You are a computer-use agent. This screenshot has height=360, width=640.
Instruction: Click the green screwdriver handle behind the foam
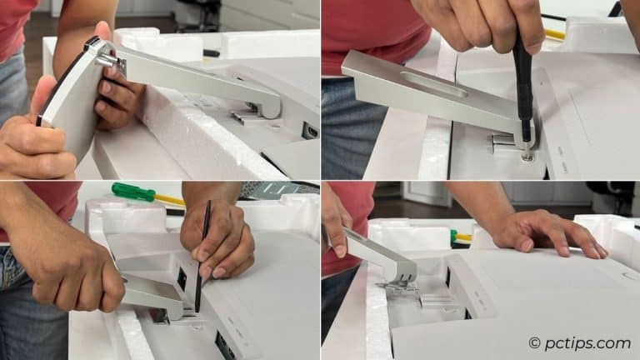pyautogui.click(x=133, y=192)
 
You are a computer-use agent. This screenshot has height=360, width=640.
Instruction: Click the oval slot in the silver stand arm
pyautogui.click(x=432, y=83)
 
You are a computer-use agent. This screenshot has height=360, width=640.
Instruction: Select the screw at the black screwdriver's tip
pyautogui.click(x=527, y=154)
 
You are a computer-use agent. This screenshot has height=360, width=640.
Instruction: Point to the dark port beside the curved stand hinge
pyautogui.click(x=310, y=131)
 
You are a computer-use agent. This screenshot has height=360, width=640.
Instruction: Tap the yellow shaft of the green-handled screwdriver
pyautogui.click(x=169, y=200)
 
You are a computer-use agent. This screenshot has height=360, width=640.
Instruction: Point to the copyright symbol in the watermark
pyautogui.click(x=534, y=342)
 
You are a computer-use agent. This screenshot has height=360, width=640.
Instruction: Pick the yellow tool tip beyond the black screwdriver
pyautogui.click(x=554, y=34)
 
